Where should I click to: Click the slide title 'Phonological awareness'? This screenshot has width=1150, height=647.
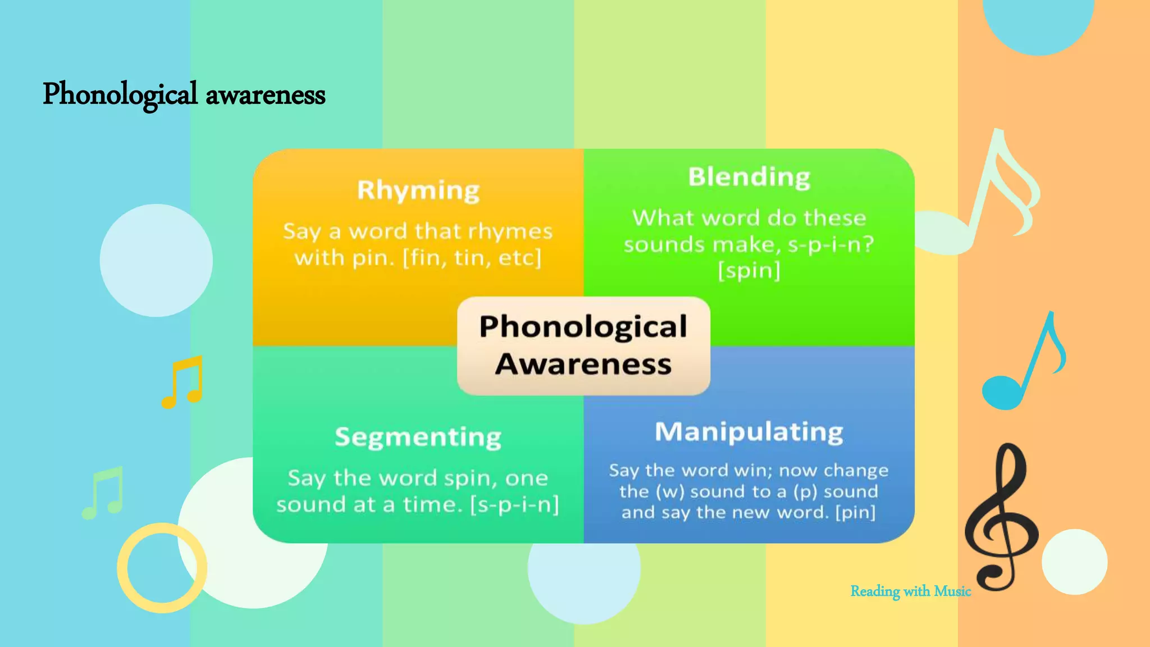184,94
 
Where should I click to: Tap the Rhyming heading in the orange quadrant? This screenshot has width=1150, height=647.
418,190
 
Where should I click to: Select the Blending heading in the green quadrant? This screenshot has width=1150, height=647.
749,177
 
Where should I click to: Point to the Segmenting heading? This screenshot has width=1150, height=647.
418,437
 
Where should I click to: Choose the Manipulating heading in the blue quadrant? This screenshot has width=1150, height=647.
749,432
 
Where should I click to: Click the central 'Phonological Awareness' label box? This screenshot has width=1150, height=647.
583,345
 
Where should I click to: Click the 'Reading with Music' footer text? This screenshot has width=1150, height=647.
910,591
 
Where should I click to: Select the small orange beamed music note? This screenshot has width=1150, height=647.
182,382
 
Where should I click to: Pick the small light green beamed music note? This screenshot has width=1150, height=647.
103,493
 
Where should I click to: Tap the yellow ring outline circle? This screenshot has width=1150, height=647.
162,568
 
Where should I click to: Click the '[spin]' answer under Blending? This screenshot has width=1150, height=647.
749,271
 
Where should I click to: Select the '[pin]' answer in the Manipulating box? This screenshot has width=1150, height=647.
855,512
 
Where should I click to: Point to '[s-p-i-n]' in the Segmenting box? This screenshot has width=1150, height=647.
514,504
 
